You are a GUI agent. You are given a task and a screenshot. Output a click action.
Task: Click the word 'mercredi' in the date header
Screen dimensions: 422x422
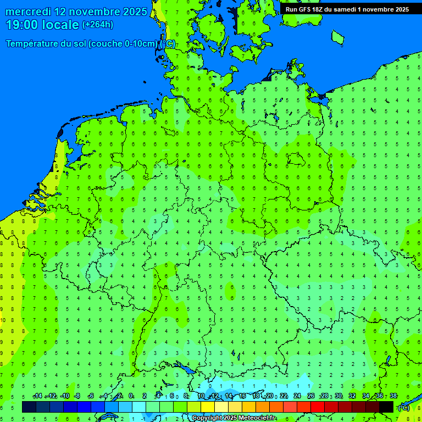pyautogui.click(x=28, y=12)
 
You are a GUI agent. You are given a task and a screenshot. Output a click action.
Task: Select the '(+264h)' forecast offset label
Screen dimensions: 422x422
pyautogui.click(x=98, y=25)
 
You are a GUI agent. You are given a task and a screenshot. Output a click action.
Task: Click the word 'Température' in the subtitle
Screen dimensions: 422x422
pyautogui.click(x=32, y=44)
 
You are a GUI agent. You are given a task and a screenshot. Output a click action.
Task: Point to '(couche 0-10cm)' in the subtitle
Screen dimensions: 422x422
pyautogui.click(x=124, y=44)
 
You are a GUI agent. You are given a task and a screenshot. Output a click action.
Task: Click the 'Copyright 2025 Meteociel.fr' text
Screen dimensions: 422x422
pyautogui.click(x=234, y=418)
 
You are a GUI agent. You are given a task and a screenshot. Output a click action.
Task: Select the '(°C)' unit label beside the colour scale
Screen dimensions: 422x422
pyautogui.click(x=403, y=407)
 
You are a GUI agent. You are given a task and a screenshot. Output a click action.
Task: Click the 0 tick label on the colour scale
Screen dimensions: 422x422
pyautogui.click(x=131, y=396)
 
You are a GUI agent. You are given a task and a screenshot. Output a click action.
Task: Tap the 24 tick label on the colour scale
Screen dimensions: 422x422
pyautogui.click(x=297, y=396)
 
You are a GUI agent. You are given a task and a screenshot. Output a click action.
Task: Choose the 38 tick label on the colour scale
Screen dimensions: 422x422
pyautogui.click(x=393, y=396)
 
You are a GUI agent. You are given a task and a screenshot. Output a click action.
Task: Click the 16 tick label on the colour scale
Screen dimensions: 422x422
pyautogui.click(x=242, y=396)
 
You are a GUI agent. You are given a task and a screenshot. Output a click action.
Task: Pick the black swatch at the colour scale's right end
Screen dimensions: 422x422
pyautogui.click(x=386, y=407)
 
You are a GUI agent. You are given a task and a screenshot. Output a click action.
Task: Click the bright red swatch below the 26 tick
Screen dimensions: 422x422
pyautogui.click(x=318, y=407)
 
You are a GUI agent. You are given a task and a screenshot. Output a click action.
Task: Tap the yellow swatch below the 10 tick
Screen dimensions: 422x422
pyautogui.click(x=208, y=407)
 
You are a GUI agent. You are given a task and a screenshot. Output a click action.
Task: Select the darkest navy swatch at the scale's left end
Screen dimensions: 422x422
pyautogui.click(x=29, y=407)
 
